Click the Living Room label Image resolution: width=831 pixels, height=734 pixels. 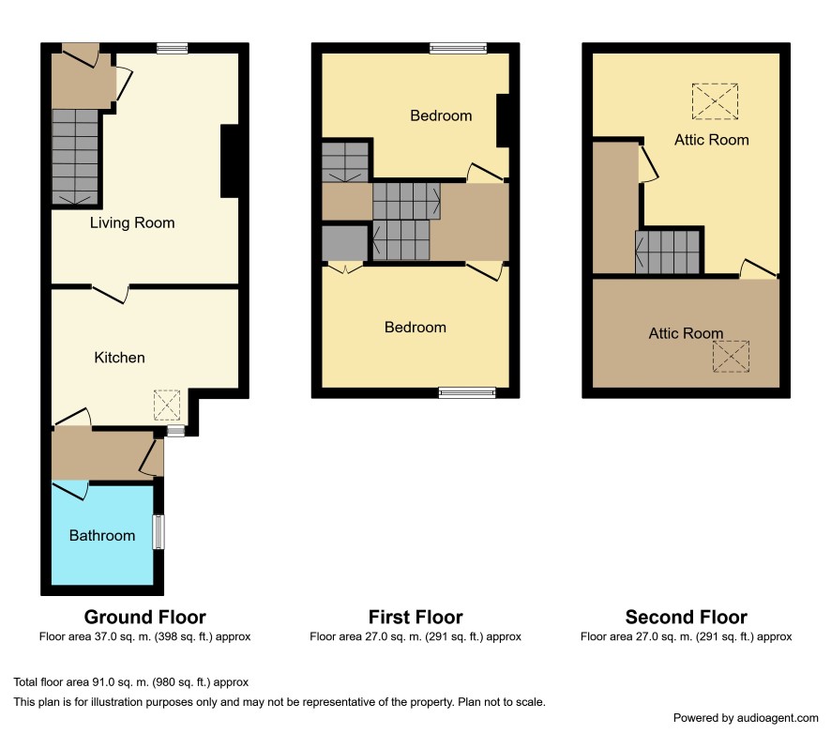coord(132,222)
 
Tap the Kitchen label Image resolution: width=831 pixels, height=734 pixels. coord(119,358)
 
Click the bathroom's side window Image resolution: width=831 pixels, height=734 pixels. coord(159,532)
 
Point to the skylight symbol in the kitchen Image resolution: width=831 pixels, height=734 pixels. coord(167,405)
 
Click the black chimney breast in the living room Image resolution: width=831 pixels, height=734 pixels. coord(230,161)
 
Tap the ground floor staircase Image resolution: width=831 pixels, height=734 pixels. coord(75,157)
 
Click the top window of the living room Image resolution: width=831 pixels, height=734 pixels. coord(173,49)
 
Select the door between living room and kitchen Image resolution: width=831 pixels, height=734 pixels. coord(111,294)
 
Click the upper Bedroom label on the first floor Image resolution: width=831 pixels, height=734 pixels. coord(441,115)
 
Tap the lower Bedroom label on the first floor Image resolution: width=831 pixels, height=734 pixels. coord(415,328)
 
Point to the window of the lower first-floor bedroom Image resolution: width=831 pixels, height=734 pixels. coord(467,393)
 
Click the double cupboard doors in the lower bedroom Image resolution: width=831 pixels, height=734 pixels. coord(345,268)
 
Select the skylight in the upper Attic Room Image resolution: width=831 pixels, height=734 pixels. coord(715,101)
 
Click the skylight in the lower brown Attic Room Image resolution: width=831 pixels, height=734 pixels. coord(731,357)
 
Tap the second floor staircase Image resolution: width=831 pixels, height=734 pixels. coord(668,252)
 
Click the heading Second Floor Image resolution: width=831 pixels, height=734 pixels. coord(687,618)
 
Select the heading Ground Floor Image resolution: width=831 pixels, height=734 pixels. coord(144,618)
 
